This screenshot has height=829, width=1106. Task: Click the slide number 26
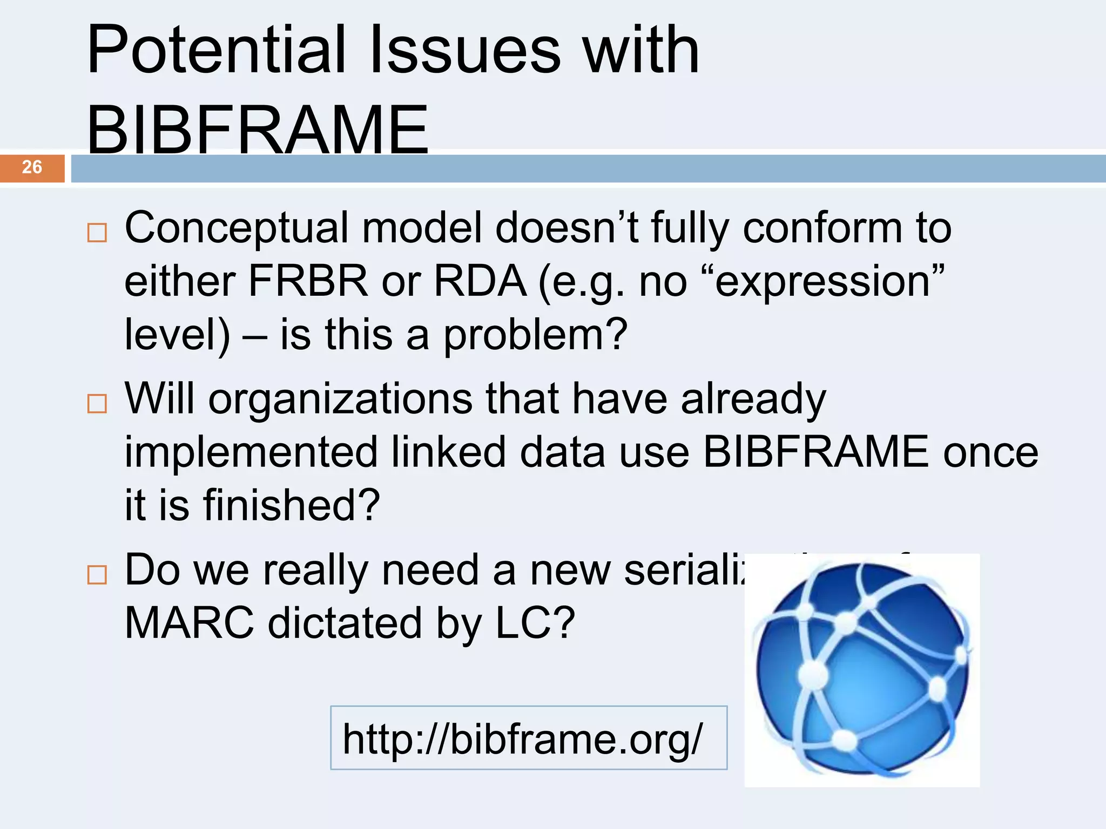[32, 167]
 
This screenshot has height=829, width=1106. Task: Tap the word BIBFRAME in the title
[258, 130]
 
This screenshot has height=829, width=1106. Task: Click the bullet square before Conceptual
[97, 233]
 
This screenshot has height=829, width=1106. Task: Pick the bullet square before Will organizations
[97, 403]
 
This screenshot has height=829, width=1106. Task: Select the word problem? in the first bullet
[535, 335]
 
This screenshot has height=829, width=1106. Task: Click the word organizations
[340, 399]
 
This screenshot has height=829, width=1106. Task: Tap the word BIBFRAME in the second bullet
[816, 452]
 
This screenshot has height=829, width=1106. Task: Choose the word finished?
[292, 505]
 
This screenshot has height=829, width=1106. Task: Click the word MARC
[189, 623]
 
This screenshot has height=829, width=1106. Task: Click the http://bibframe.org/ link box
[528, 738]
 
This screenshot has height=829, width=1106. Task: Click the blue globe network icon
[862, 670]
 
